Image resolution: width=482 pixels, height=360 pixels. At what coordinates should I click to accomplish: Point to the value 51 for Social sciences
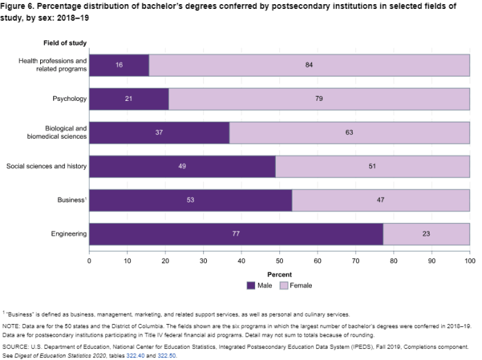pyautogui.click(x=373, y=167)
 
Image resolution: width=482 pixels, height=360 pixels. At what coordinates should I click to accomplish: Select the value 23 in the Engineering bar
pyautogui.click(x=427, y=234)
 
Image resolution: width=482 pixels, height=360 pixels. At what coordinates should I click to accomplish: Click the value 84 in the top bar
pyautogui.click(x=309, y=65)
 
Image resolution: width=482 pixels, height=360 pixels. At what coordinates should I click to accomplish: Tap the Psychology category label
pyautogui.click(x=69, y=99)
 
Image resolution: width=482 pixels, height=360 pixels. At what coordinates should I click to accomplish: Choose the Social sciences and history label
pyautogui.click(x=46, y=167)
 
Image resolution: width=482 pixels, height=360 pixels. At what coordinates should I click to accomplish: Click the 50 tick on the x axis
pyautogui.click(x=279, y=260)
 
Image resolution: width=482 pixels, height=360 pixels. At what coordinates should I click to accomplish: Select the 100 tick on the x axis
pyautogui.click(x=470, y=260)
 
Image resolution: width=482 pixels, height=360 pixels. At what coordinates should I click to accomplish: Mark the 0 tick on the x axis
pyautogui.click(x=89, y=260)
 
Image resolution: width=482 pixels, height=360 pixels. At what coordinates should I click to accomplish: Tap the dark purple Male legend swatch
pyautogui.click(x=250, y=285)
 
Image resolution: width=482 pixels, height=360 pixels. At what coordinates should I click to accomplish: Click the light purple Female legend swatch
pyautogui.click(x=284, y=285)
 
